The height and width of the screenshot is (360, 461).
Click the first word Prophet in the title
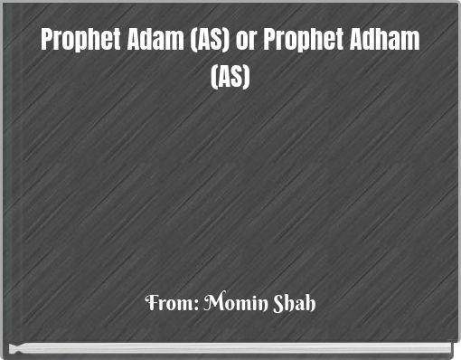pyautogui.click(x=80, y=42)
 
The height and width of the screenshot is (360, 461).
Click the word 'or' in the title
pyautogui.click(x=244, y=42)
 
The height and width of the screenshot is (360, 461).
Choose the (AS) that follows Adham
pyautogui.click(x=230, y=78)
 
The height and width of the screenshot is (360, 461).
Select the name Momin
pyautogui.click(x=226, y=302)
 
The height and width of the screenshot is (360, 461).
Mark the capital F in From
pyautogui.click(x=150, y=302)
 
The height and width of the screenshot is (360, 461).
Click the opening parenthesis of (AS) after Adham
pyautogui.click(x=214, y=78)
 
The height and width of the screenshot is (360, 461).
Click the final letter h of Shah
pyautogui.click(x=310, y=302)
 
